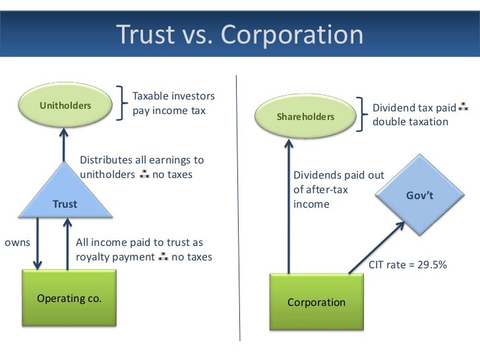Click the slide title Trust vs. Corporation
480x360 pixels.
coord(239,34)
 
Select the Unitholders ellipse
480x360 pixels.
coord(65,105)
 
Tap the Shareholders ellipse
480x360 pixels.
coord(305,117)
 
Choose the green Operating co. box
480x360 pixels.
coord(69,298)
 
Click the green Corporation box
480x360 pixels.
coord(316,302)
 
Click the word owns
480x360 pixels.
coord(18,242)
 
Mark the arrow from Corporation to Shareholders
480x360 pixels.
coord(288,204)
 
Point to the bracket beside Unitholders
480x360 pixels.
coord(123,104)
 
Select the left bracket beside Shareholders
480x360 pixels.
coord(363,115)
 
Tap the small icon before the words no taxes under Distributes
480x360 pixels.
coord(144,175)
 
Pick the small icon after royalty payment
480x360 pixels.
coord(164,256)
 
